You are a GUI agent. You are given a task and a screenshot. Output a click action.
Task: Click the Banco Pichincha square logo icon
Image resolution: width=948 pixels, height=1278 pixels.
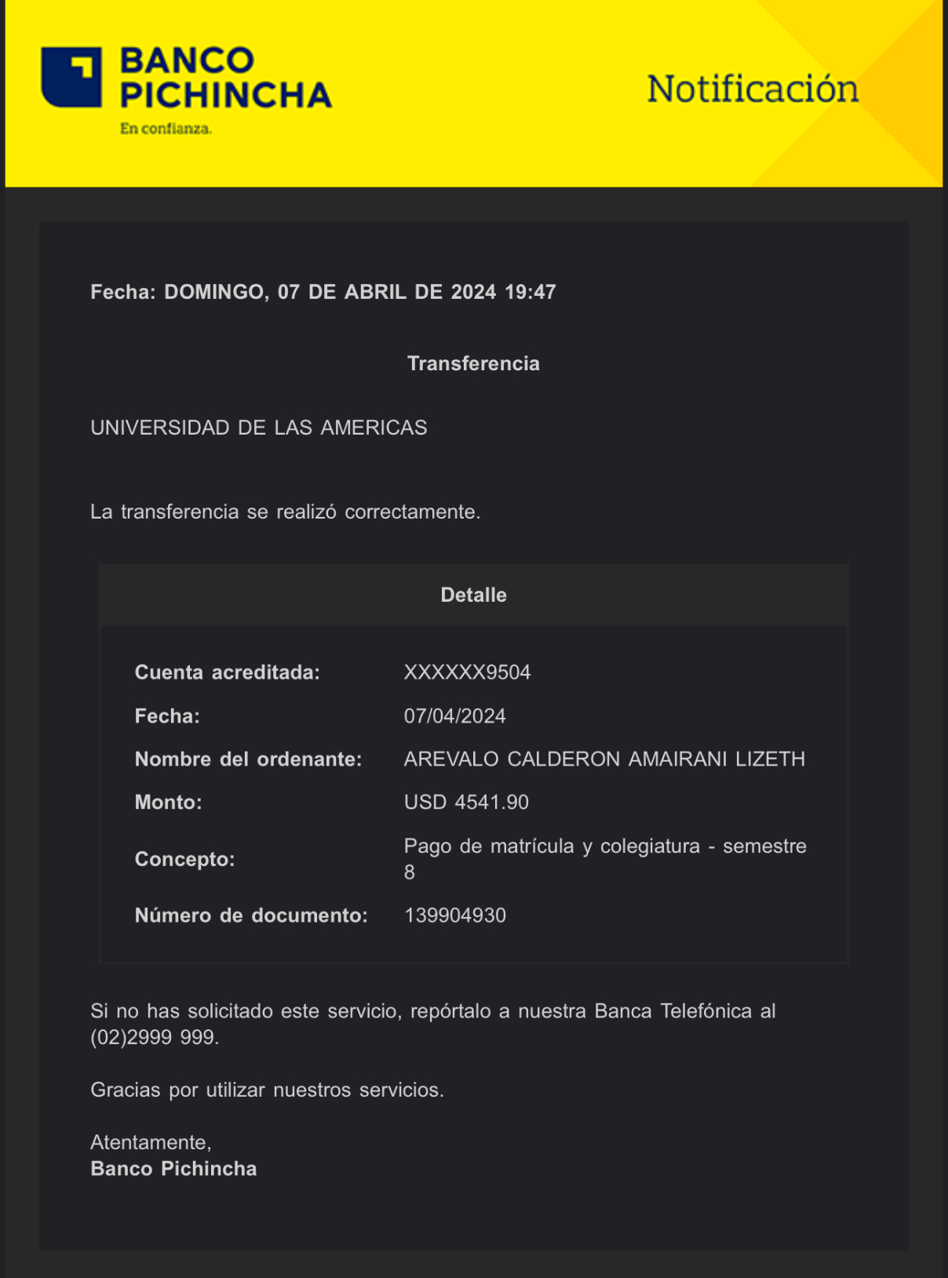tap(71, 77)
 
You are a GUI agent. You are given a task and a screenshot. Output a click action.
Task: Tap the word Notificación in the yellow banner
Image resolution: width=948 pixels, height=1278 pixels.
tap(752, 89)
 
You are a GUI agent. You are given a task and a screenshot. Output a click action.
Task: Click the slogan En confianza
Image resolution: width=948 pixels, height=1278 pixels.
tap(166, 129)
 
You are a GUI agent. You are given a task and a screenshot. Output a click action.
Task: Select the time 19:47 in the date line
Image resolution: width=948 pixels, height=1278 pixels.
tap(531, 292)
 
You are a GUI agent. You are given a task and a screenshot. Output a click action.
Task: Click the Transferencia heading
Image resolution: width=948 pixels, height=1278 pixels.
tap(473, 363)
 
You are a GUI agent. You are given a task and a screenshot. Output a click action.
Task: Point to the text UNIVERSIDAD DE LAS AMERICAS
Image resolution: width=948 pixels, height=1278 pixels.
tap(259, 428)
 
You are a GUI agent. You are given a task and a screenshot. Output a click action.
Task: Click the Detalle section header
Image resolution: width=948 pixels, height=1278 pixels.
tap(473, 595)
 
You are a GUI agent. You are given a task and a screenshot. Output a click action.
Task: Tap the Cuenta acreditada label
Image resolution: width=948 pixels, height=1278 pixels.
tap(228, 672)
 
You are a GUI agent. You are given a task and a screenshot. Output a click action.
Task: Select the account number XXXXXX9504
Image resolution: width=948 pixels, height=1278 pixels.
tap(467, 672)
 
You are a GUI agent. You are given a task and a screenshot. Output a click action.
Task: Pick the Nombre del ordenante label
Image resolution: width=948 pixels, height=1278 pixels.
tap(248, 759)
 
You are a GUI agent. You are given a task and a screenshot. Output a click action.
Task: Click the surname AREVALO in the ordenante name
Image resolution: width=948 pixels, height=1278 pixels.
tap(451, 759)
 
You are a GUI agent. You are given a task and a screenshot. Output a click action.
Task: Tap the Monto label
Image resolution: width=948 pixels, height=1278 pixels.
tap(168, 803)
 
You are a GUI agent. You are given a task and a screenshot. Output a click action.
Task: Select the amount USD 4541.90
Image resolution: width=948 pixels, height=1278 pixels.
tap(466, 803)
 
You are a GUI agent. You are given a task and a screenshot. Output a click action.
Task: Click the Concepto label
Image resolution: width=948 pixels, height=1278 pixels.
tap(184, 859)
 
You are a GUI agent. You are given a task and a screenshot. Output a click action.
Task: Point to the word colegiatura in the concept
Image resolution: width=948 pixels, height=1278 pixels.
tap(650, 847)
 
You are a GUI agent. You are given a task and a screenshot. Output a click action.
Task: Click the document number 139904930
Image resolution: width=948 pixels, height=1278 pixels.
tap(455, 916)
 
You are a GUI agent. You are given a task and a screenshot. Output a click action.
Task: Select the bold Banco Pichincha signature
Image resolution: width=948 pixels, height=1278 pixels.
tap(173, 1169)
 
